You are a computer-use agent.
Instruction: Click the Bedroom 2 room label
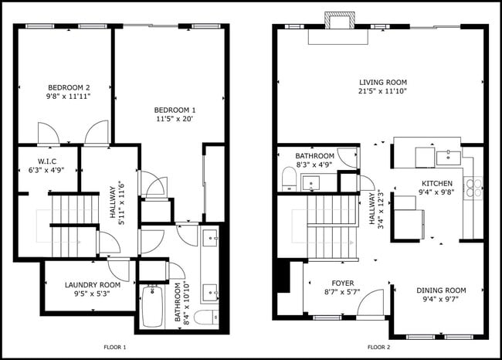[69, 87]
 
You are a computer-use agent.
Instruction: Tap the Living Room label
[382, 83]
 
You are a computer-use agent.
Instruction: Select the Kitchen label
[436, 183]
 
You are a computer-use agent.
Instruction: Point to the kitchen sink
[447, 157]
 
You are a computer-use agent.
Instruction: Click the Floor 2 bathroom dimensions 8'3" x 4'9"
[314, 165]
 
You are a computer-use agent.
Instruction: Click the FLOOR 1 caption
[115, 348]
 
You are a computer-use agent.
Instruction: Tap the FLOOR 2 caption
[379, 348]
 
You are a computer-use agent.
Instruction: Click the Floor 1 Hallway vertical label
[113, 202]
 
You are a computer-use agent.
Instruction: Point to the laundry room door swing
[118, 270]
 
